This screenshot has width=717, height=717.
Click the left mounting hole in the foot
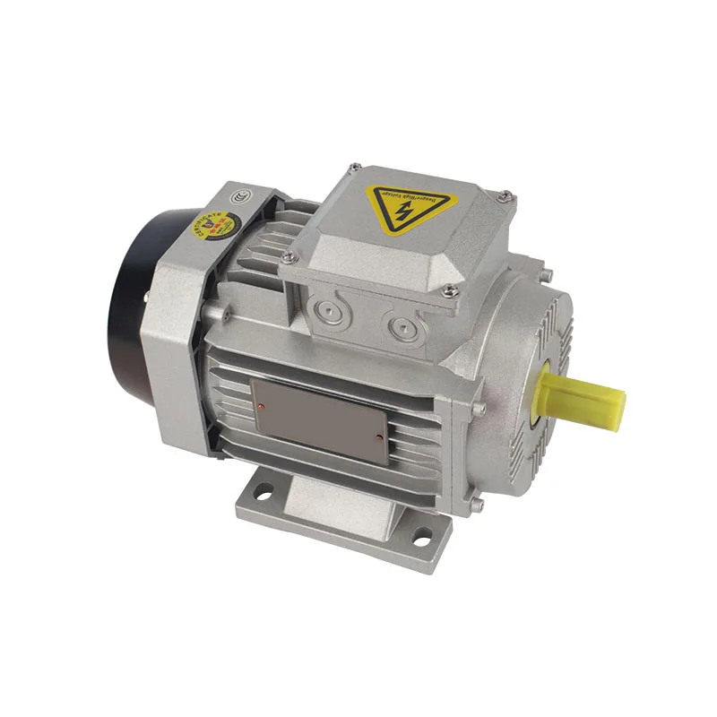point(264,491)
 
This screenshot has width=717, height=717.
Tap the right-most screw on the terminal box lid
point(506,195)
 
